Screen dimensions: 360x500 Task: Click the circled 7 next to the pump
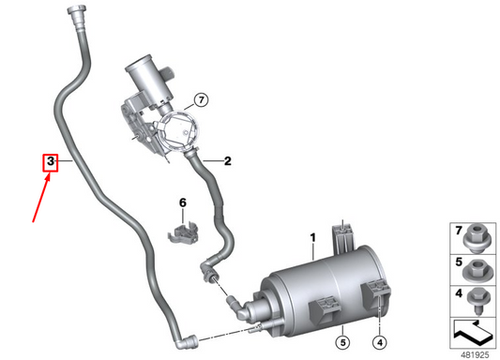point(200,99)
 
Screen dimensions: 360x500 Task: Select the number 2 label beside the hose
point(227,160)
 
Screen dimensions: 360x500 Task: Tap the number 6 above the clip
point(184,202)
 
